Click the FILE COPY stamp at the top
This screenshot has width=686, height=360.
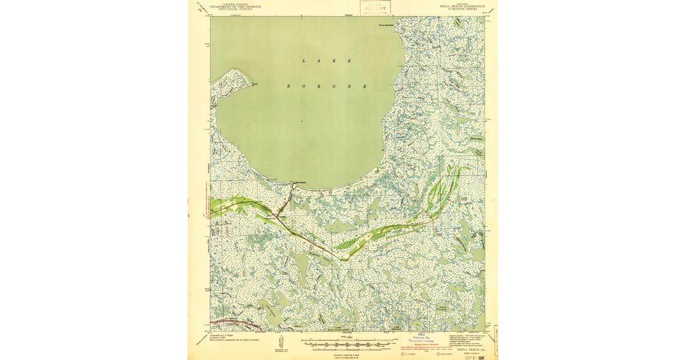375,7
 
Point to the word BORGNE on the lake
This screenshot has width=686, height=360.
326,86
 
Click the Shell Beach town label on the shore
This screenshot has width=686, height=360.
301,183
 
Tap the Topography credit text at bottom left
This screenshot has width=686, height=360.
229,337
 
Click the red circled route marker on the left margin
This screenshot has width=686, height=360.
208,216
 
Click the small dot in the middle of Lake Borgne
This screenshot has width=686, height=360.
302,121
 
